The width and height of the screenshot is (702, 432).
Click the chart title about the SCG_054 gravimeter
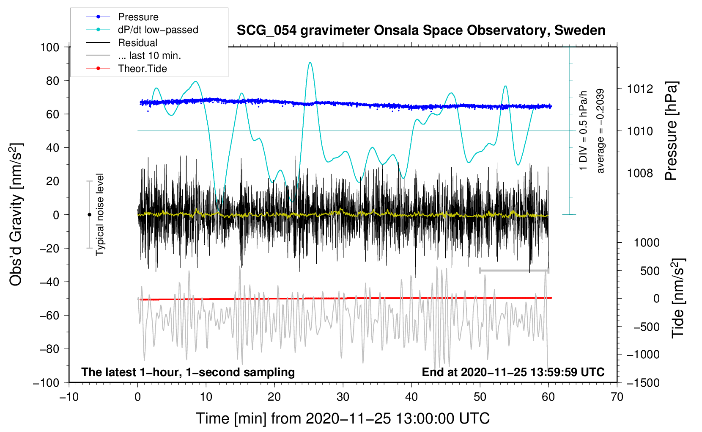pyautogui.click(x=421, y=30)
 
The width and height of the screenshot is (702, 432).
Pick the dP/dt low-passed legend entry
pyautogui.click(x=158, y=30)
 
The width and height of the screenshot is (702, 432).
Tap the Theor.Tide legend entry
pyautogui.click(x=142, y=69)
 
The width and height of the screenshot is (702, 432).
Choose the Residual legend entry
pyautogui.click(x=137, y=43)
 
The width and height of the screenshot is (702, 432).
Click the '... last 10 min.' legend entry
pyautogui.click(x=149, y=55)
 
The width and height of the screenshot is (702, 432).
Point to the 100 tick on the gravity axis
pyautogui.click(x=49, y=47)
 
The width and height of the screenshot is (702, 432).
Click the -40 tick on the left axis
pyautogui.click(x=49, y=282)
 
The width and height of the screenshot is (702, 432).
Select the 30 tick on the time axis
pyautogui.click(x=343, y=397)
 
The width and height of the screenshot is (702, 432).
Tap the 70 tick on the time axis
pyautogui.click(x=617, y=397)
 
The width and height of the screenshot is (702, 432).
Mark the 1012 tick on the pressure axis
pyautogui.click(x=640, y=89)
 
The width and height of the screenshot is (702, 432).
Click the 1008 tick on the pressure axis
pyautogui.click(x=640, y=173)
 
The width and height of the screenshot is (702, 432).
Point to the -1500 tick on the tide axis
pyautogui.click(x=643, y=382)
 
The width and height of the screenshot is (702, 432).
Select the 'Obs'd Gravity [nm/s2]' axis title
pyautogui.click(x=16, y=215)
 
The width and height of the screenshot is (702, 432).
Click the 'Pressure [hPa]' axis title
pyautogui.click(x=672, y=131)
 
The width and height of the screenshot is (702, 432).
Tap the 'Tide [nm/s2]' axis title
pyautogui.click(x=678, y=298)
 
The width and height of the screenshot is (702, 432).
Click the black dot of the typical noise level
pyautogui.click(x=89, y=215)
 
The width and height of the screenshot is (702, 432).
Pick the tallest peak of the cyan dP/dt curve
pyautogui.click(x=310, y=63)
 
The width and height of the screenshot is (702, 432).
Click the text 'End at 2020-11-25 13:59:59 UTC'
pyautogui.click(x=513, y=372)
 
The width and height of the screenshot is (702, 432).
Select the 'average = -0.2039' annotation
pyautogui.click(x=600, y=131)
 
